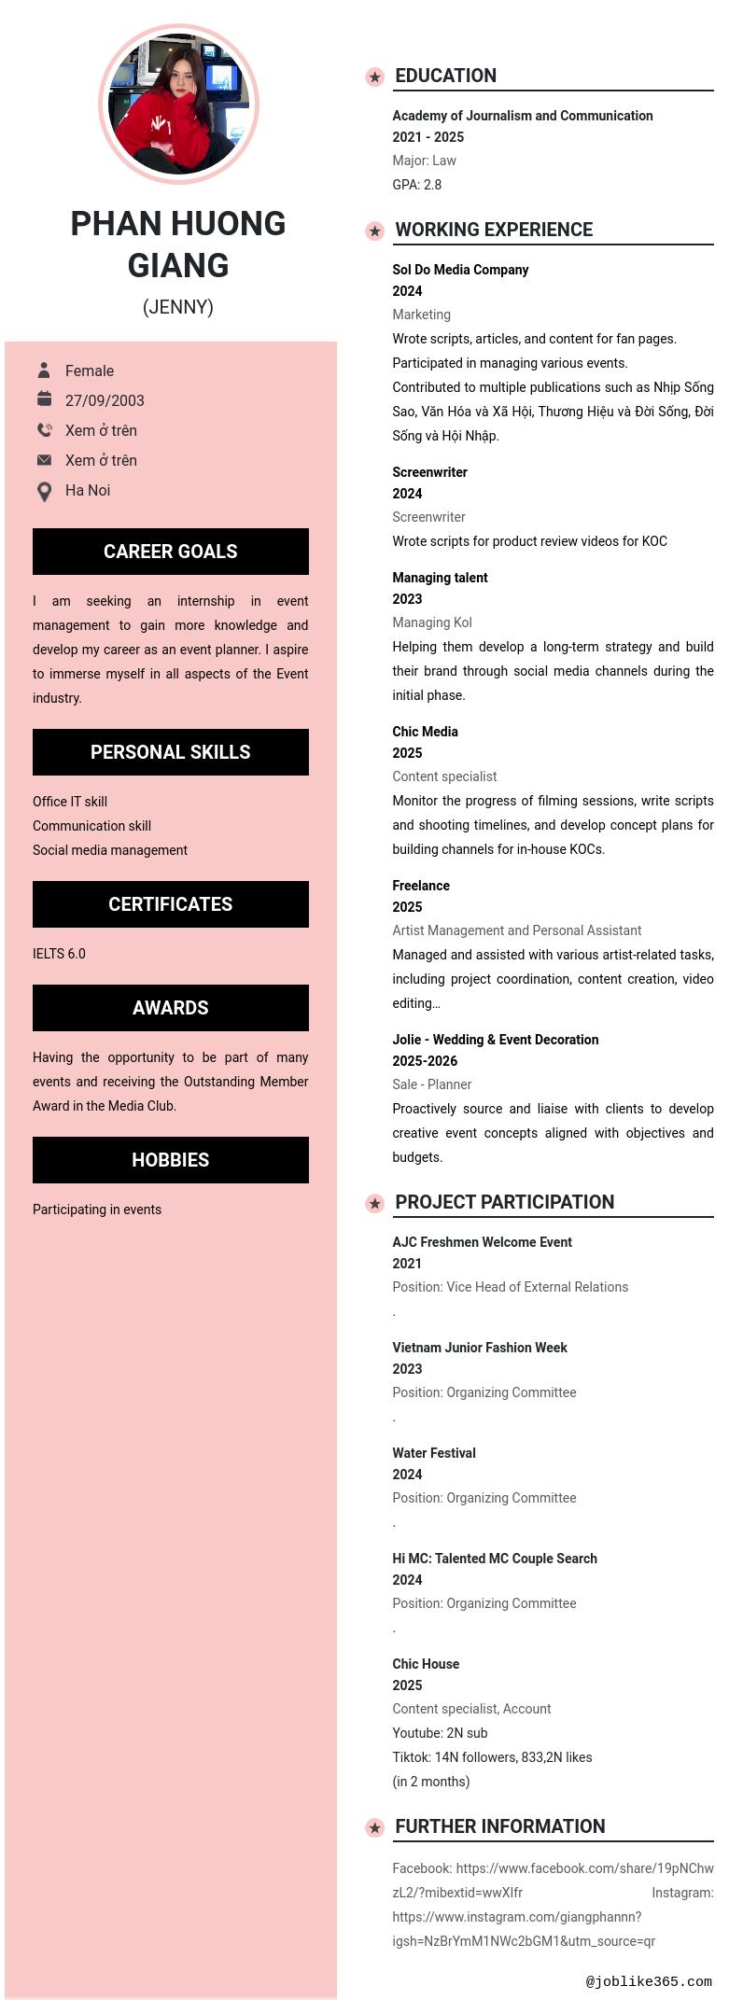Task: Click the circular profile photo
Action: [x=178, y=104]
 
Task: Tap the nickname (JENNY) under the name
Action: [x=178, y=307]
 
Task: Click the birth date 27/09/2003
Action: [x=105, y=400]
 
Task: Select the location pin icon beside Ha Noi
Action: [x=44, y=491]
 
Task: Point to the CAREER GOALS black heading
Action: [x=171, y=552]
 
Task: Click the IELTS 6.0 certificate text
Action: [x=59, y=954]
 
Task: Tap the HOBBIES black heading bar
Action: [x=171, y=1160]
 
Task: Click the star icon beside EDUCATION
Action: [x=374, y=77]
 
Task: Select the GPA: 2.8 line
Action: [x=417, y=185]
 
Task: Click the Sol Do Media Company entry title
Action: [x=460, y=270]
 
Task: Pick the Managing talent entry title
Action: [x=440, y=578]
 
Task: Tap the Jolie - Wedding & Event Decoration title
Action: [x=496, y=1040]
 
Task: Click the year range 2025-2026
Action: [x=425, y=1061]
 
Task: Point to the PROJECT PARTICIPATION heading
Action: [x=504, y=1202]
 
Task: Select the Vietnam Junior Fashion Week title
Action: [x=480, y=1348]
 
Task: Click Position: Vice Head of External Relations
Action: [x=510, y=1287]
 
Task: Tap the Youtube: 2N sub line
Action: [x=440, y=1733]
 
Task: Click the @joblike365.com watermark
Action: [x=649, y=1981]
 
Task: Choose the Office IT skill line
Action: [x=70, y=802]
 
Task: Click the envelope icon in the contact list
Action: [x=44, y=460]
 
